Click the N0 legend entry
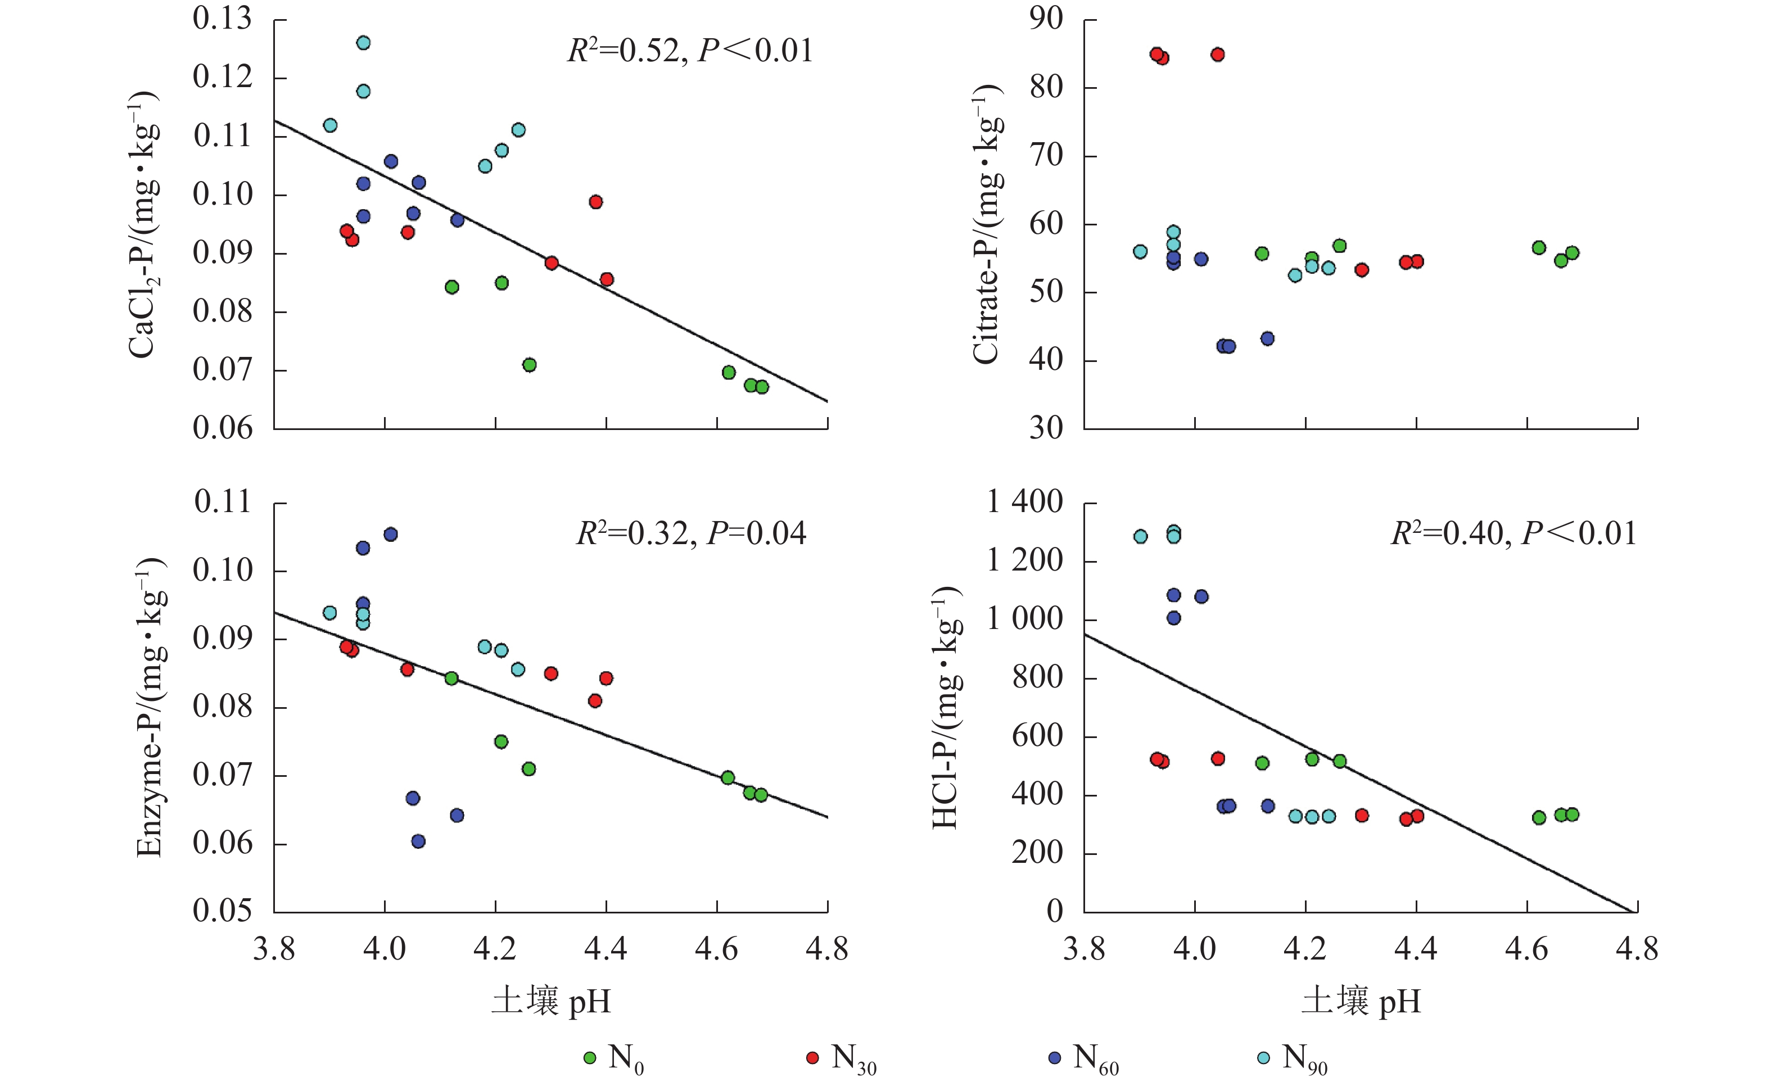click(x=615, y=1058)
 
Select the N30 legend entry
click(x=841, y=1058)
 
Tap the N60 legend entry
click(x=1083, y=1058)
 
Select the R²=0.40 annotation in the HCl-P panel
click(x=1514, y=533)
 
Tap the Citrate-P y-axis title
click(x=986, y=224)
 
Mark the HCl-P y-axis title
click(x=946, y=707)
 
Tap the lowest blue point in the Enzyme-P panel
click(x=418, y=841)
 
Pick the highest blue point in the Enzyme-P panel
click(x=391, y=534)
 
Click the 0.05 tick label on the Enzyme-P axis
click(x=223, y=911)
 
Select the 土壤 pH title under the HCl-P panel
click(x=1361, y=1001)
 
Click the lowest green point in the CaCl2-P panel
click(x=762, y=387)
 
